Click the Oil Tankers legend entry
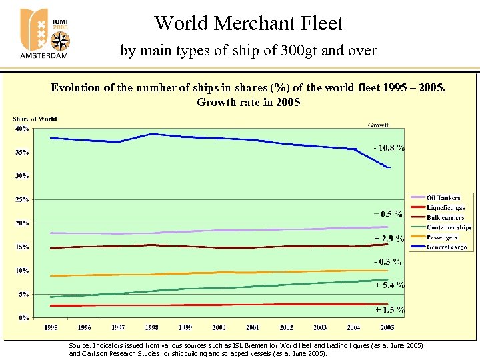point(443,198)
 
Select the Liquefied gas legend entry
point(445,208)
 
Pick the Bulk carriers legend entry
point(445,218)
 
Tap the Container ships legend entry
point(448,228)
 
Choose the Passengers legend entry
point(442,238)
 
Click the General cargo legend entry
point(446,248)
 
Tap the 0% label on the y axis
point(23,318)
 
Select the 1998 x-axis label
point(152,327)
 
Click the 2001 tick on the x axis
point(253,327)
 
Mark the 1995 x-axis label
point(51,327)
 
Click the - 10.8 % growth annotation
point(389,147)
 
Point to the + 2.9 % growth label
point(389,238)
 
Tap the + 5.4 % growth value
point(390,285)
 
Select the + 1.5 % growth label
point(389,309)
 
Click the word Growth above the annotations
point(379,125)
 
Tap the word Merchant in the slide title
point(248,24)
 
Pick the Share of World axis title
point(35,119)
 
